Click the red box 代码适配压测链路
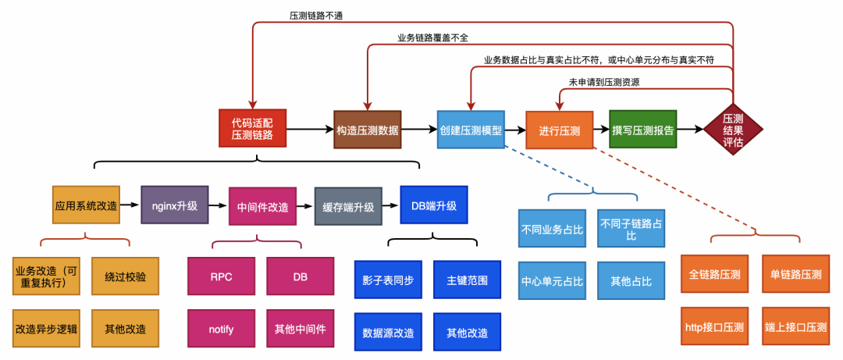click(x=252, y=129)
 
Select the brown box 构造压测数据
click(x=367, y=130)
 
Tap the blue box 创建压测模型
click(x=470, y=130)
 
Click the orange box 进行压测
click(x=559, y=130)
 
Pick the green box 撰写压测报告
click(x=642, y=130)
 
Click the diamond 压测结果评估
click(x=732, y=130)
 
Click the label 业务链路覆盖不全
click(x=432, y=37)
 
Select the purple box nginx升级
click(x=174, y=205)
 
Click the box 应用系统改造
click(x=86, y=206)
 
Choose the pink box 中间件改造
click(x=262, y=208)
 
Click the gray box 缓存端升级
click(x=348, y=207)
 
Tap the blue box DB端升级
click(x=433, y=205)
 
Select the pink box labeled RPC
click(x=221, y=276)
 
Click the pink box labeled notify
click(x=221, y=329)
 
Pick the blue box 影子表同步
click(x=387, y=280)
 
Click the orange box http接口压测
click(x=714, y=327)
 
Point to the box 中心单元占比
click(x=551, y=280)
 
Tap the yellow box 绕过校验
click(x=125, y=276)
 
